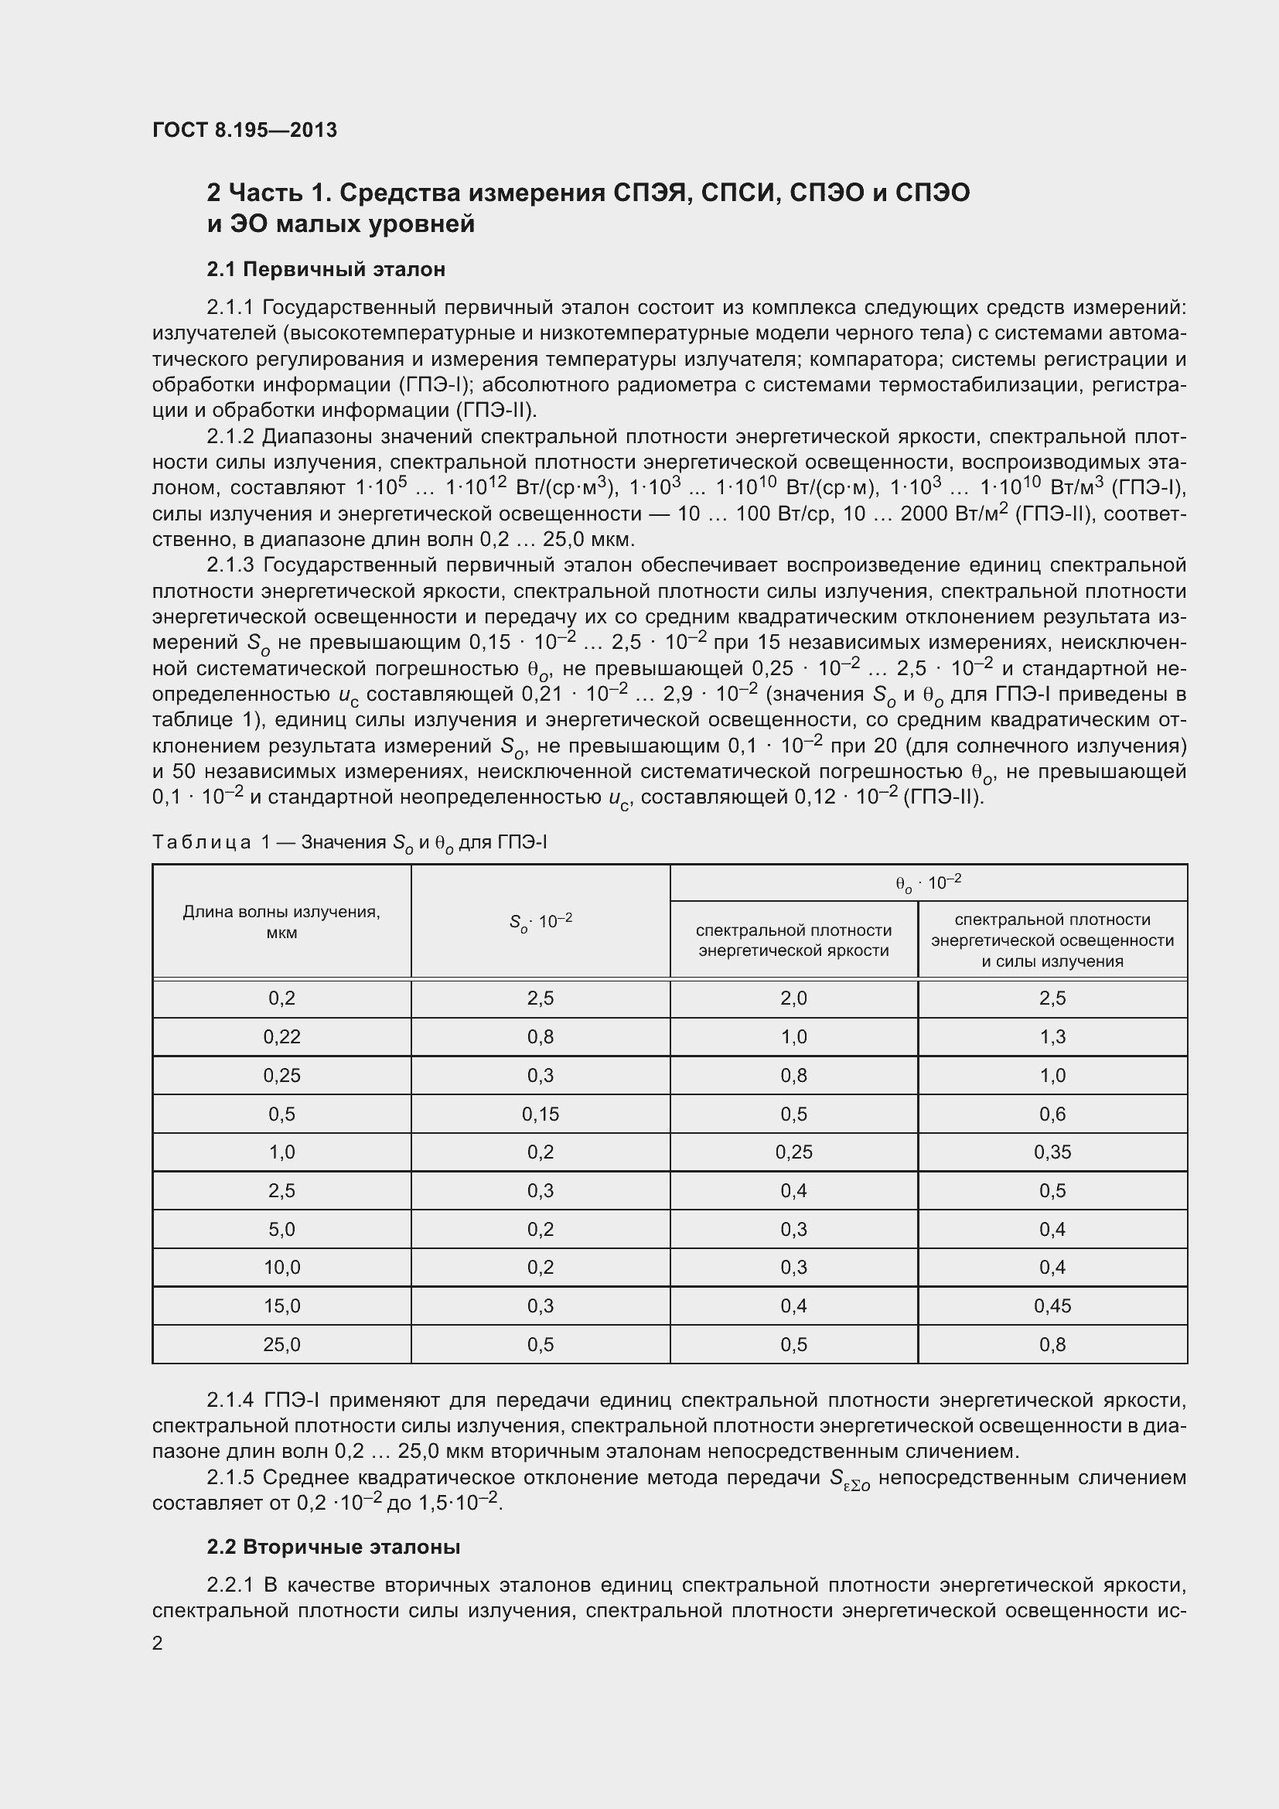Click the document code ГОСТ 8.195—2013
(x=244, y=130)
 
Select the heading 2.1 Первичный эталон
(x=326, y=269)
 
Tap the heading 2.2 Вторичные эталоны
(x=333, y=1548)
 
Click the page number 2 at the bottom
(x=158, y=1643)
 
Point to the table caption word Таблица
(x=201, y=842)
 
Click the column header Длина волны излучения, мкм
(x=281, y=922)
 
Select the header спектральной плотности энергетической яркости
(x=793, y=940)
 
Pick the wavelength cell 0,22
(x=281, y=1037)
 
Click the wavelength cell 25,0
(x=281, y=1345)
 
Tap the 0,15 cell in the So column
(x=541, y=1114)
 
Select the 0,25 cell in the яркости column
(x=793, y=1152)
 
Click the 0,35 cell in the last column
(x=1052, y=1152)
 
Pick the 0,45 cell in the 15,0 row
(x=1052, y=1306)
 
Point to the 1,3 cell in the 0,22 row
(x=1052, y=1037)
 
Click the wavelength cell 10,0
(x=281, y=1268)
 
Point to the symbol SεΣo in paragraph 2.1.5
(x=850, y=1479)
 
